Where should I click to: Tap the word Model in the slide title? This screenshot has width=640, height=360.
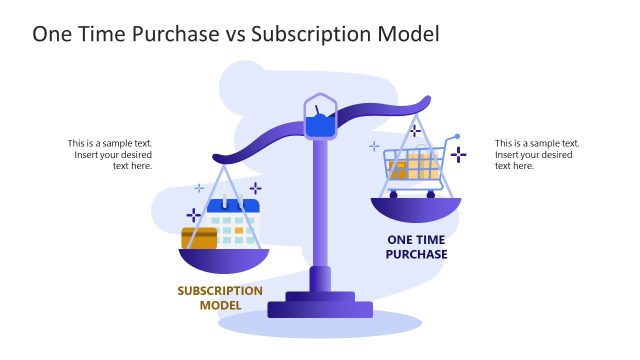[408, 34]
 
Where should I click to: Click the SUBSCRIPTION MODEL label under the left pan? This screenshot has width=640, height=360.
[220, 298]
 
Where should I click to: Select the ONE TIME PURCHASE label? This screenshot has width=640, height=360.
[416, 247]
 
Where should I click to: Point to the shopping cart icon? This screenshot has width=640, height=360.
[416, 166]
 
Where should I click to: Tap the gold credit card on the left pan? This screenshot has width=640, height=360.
[199, 238]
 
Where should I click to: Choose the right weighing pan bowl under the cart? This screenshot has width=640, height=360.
[416, 209]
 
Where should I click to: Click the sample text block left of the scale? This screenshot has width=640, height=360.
[110, 154]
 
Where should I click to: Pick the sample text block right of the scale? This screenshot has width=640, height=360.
[537, 154]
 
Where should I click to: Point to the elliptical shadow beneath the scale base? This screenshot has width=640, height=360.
[320, 325]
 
